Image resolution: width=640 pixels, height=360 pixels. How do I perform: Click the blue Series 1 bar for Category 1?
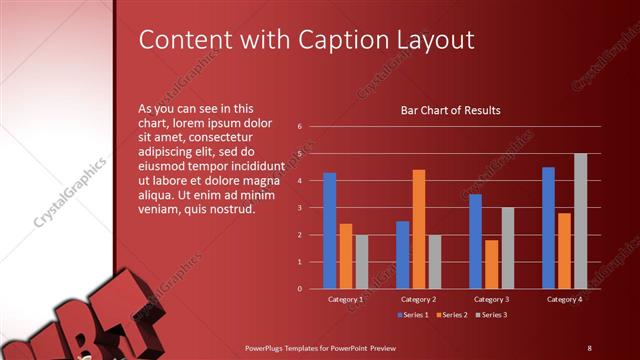(330, 231)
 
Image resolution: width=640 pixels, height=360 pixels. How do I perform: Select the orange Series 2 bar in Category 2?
(418, 229)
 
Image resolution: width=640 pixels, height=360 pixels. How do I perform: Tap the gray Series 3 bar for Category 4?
(580, 221)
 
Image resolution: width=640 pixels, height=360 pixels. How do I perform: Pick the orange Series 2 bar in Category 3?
(491, 264)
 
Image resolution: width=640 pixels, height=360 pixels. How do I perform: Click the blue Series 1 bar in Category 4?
(548, 228)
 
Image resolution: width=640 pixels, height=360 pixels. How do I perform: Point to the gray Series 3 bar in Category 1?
(361, 262)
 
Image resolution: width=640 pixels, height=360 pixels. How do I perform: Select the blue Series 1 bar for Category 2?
(403, 255)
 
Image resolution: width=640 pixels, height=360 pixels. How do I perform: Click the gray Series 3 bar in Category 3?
(507, 248)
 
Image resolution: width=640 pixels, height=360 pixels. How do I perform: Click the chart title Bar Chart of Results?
(450, 110)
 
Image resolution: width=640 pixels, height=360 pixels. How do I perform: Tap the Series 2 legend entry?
(452, 315)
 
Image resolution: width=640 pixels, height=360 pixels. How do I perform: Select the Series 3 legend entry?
(490, 315)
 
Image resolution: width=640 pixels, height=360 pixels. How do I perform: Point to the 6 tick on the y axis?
(300, 127)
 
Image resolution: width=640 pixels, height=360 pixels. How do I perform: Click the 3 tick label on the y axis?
(300, 208)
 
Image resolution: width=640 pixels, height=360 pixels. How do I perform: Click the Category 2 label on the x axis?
(418, 299)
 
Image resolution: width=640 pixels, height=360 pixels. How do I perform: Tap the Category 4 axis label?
(564, 299)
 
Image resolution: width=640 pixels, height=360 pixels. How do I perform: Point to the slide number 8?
(589, 347)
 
